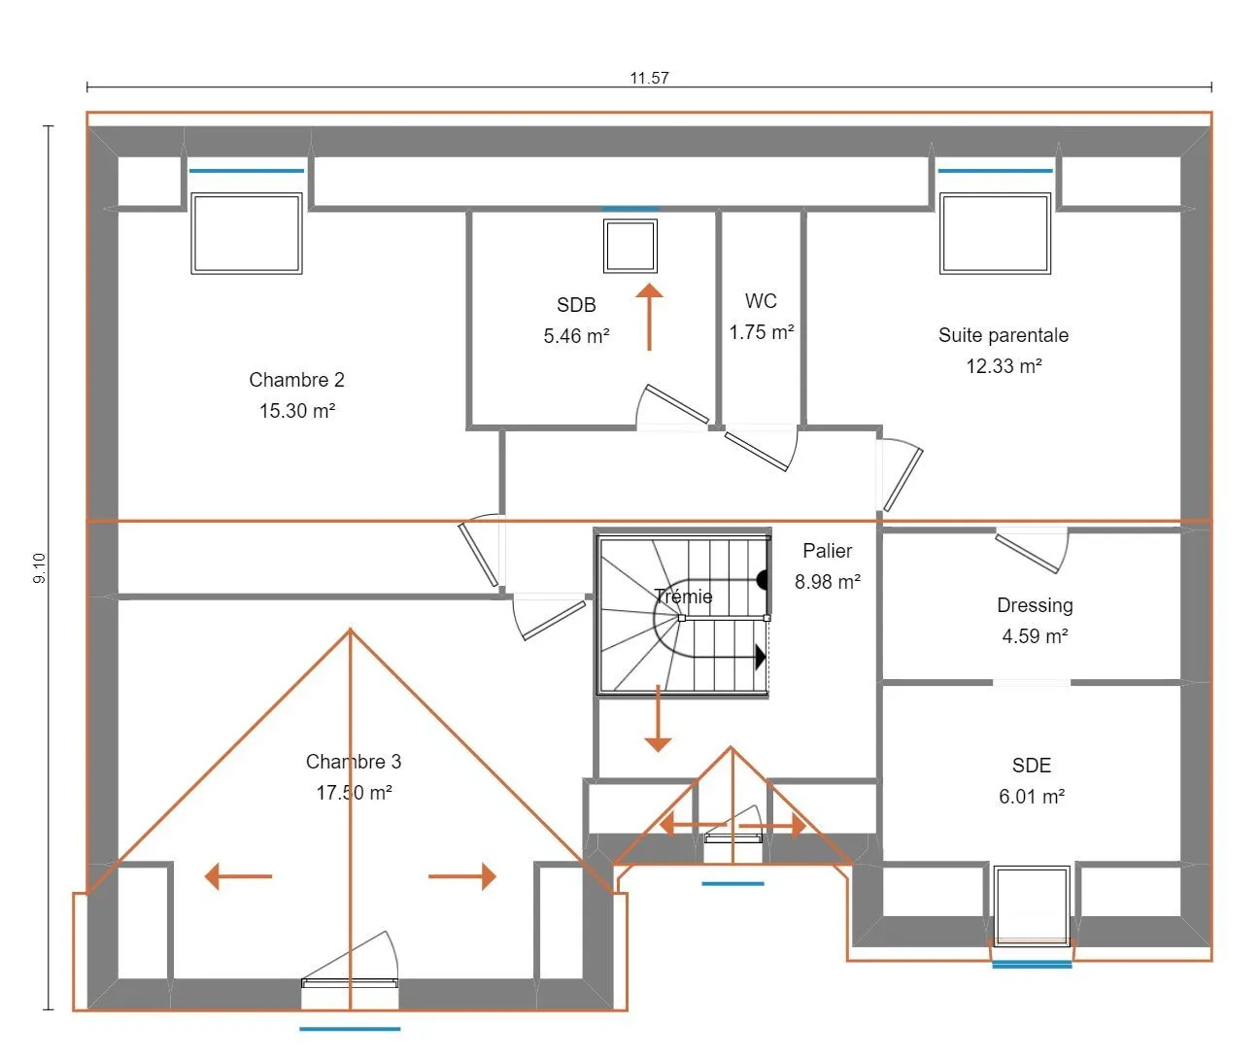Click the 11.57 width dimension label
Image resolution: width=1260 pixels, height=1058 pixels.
[x=649, y=78]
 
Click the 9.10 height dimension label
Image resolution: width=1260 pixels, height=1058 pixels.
[x=39, y=568]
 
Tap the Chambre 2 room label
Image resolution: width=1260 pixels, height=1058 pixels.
[x=296, y=380]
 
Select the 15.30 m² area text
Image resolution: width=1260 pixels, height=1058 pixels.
[x=297, y=410]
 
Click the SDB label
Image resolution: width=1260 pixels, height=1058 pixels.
[x=576, y=305]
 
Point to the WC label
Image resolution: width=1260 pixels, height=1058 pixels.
[x=761, y=300]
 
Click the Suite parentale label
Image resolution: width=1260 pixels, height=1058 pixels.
[x=1003, y=335]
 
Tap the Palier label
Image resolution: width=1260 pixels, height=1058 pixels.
[x=827, y=551]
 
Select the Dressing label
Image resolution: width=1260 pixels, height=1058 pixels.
[x=1035, y=605]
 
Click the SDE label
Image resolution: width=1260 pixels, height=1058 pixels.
[x=1032, y=766]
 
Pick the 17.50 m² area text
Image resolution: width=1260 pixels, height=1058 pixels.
[x=354, y=792]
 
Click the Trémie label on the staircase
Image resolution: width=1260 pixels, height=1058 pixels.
[x=683, y=597]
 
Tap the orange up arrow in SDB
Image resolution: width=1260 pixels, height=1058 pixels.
[x=649, y=317]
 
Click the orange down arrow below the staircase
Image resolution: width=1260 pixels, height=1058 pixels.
[x=657, y=718]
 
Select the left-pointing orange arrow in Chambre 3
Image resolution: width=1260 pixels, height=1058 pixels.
[x=238, y=875]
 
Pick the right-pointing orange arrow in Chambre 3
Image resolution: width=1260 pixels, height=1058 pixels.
[x=462, y=875]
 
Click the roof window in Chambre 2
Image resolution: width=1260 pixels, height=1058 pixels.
[x=246, y=233]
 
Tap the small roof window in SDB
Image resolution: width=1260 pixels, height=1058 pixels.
[x=630, y=246]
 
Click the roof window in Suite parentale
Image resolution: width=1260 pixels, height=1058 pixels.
[x=995, y=233]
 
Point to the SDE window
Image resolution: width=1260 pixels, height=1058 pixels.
[x=1032, y=906]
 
